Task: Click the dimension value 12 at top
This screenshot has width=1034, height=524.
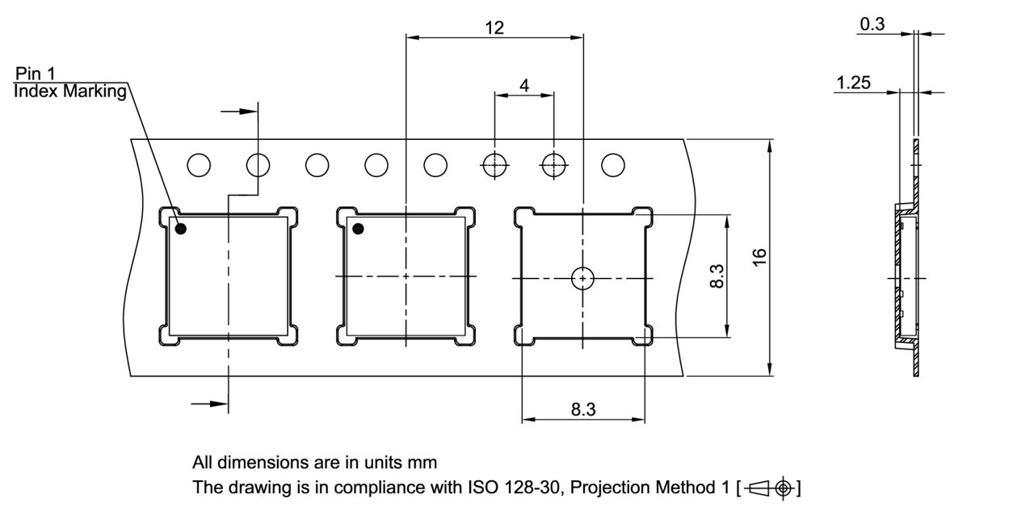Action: (x=494, y=27)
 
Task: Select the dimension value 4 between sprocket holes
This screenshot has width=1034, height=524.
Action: (x=524, y=86)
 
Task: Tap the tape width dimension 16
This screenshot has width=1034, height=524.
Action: (x=759, y=257)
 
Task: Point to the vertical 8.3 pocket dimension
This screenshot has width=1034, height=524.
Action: (x=717, y=276)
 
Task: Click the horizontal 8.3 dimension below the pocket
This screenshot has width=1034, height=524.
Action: (x=583, y=409)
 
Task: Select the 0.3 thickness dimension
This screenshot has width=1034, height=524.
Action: (x=872, y=24)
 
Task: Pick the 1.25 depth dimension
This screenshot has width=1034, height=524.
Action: (x=854, y=82)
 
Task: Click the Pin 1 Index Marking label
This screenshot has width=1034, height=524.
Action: (x=70, y=83)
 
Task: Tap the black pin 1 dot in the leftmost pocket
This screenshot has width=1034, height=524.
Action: (x=181, y=229)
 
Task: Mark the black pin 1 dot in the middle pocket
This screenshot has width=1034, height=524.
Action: (x=358, y=229)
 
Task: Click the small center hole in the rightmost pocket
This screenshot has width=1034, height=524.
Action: (x=582, y=278)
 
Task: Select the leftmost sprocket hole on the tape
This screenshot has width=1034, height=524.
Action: (x=199, y=165)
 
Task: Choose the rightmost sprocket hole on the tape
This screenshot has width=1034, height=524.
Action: (x=613, y=165)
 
